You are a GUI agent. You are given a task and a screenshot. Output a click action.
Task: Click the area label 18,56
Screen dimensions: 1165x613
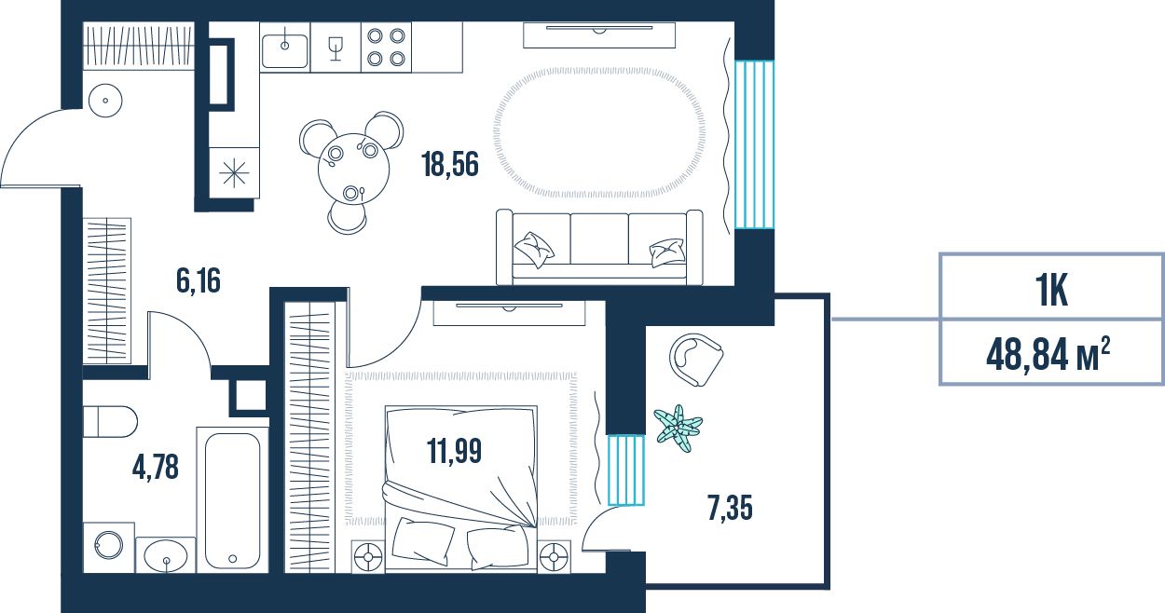pyautogui.click(x=450, y=164)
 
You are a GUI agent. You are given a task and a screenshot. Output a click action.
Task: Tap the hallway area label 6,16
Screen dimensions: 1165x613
pyautogui.click(x=199, y=280)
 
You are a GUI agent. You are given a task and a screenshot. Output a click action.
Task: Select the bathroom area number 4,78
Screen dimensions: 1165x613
pyautogui.click(x=156, y=467)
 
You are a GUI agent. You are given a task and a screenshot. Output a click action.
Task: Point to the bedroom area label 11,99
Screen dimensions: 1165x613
pyautogui.click(x=454, y=451)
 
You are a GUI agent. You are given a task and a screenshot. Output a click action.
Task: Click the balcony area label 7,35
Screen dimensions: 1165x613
pyautogui.click(x=730, y=508)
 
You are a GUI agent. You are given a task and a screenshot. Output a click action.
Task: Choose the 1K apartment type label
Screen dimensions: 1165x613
pyautogui.click(x=1051, y=292)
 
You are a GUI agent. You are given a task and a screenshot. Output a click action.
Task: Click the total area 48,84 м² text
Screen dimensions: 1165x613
pyautogui.click(x=1048, y=355)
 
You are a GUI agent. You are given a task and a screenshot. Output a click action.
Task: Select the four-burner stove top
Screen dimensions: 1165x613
pyautogui.click(x=386, y=48)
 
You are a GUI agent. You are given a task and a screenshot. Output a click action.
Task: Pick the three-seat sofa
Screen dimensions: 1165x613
pyautogui.click(x=599, y=248)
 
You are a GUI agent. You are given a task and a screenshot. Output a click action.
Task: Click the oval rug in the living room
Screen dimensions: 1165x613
pyautogui.click(x=599, y=132)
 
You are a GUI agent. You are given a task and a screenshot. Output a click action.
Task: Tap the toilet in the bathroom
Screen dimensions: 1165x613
pyautogui.click(x=110, y=422)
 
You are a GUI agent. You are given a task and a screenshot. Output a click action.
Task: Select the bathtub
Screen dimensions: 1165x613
pyautogui.click(x=232, y=500)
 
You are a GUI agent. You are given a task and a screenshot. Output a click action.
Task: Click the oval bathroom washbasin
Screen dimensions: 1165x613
pyautogui.click(x=165, y=554)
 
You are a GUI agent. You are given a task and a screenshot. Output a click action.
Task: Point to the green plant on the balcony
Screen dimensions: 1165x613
pyautogui.click(x=678, y=428)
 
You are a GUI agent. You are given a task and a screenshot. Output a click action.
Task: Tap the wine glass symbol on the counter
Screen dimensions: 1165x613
pyautogui.click(x=336, y=48)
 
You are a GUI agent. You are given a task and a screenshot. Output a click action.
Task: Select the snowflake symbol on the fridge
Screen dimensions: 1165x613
pyautogui.click(x=234, y=172)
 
